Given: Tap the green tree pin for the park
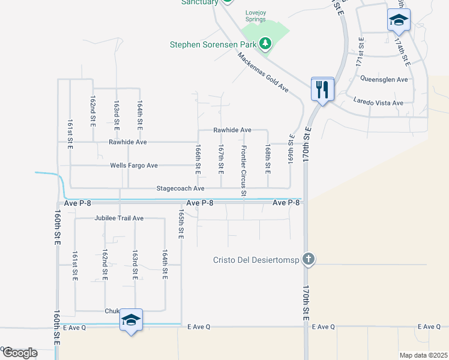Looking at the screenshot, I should pos(265,44).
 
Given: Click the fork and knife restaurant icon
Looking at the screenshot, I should pos(322,89).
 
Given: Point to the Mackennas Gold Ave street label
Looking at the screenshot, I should pos(263,72).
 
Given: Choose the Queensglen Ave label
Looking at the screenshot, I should pos(384,79).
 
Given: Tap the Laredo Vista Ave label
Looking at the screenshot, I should pos(378,103).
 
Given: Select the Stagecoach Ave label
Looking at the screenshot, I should pos(181,188).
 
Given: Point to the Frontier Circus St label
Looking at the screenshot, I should pos(244,171).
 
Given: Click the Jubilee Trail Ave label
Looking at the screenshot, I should pos(119,218).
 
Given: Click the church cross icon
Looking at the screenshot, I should pos(308,259).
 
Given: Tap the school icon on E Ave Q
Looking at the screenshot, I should pos(131,320).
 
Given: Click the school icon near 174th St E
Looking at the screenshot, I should pos(399,20).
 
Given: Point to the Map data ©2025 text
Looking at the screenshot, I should pos(423,355).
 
